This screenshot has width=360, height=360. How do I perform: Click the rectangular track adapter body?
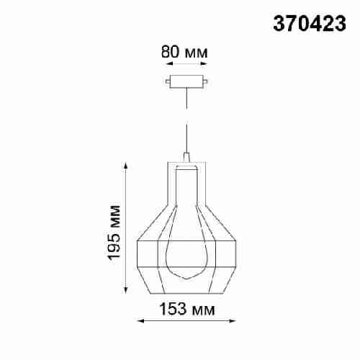(186, 81)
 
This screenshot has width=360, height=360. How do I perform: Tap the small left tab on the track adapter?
(168, 82)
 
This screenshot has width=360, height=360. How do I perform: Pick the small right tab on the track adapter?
(207, 82)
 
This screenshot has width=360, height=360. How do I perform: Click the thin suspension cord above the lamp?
(186, 119)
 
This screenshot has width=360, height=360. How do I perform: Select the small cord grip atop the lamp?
(186, 157)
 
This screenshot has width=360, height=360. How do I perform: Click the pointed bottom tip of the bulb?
(186, 279)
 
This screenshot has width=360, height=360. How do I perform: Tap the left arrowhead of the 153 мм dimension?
(139, 321)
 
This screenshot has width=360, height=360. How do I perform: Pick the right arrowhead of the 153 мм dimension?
(234, 321)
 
